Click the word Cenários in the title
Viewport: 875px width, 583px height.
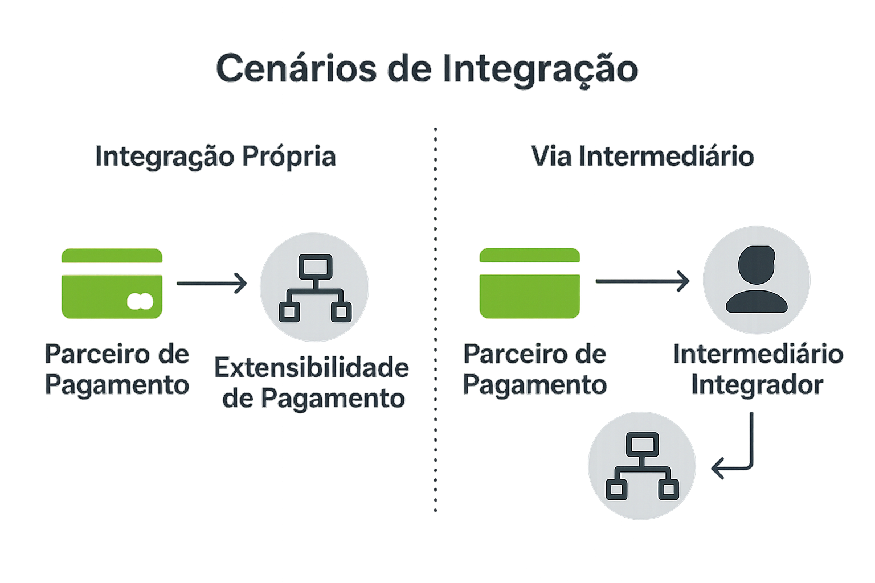pyautogui.click(x=296, y=68)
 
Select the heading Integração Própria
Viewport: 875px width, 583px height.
pyautogui.click(x=215, y=157)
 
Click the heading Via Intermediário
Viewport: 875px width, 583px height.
pyautogui.click(x=642, y=157)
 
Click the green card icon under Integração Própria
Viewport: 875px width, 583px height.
pyautogui.click(x=112, y=284)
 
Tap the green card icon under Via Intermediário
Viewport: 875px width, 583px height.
pyautogui.click(x=529, y=284)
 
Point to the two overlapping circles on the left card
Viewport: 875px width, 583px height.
pyautogui.click(x=140, y=301)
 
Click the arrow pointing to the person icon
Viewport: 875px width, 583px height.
pyautogui.click(x=643, y=281)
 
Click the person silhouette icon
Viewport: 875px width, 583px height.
pyautogui.click(x=757, y=280)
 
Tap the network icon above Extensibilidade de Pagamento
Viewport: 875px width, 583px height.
pyautogui.click(x=314, y=288)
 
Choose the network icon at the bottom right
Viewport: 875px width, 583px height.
pyautogui.click(x=642, y=466)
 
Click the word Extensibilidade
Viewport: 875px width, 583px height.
pyautogui.click(x=312, y=368)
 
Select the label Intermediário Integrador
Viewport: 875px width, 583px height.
pyautogui.click(x=758, y=369)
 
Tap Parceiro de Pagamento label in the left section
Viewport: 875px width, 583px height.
pyautogui.click(x=117, y=369)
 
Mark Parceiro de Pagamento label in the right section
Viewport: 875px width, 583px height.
pyautogui.click(x=534, y=369)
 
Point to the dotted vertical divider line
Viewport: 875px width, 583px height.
pyautogui.click(x=435, y=319)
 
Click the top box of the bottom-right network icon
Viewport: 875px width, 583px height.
pyautogui.click(x=642, y=444)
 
